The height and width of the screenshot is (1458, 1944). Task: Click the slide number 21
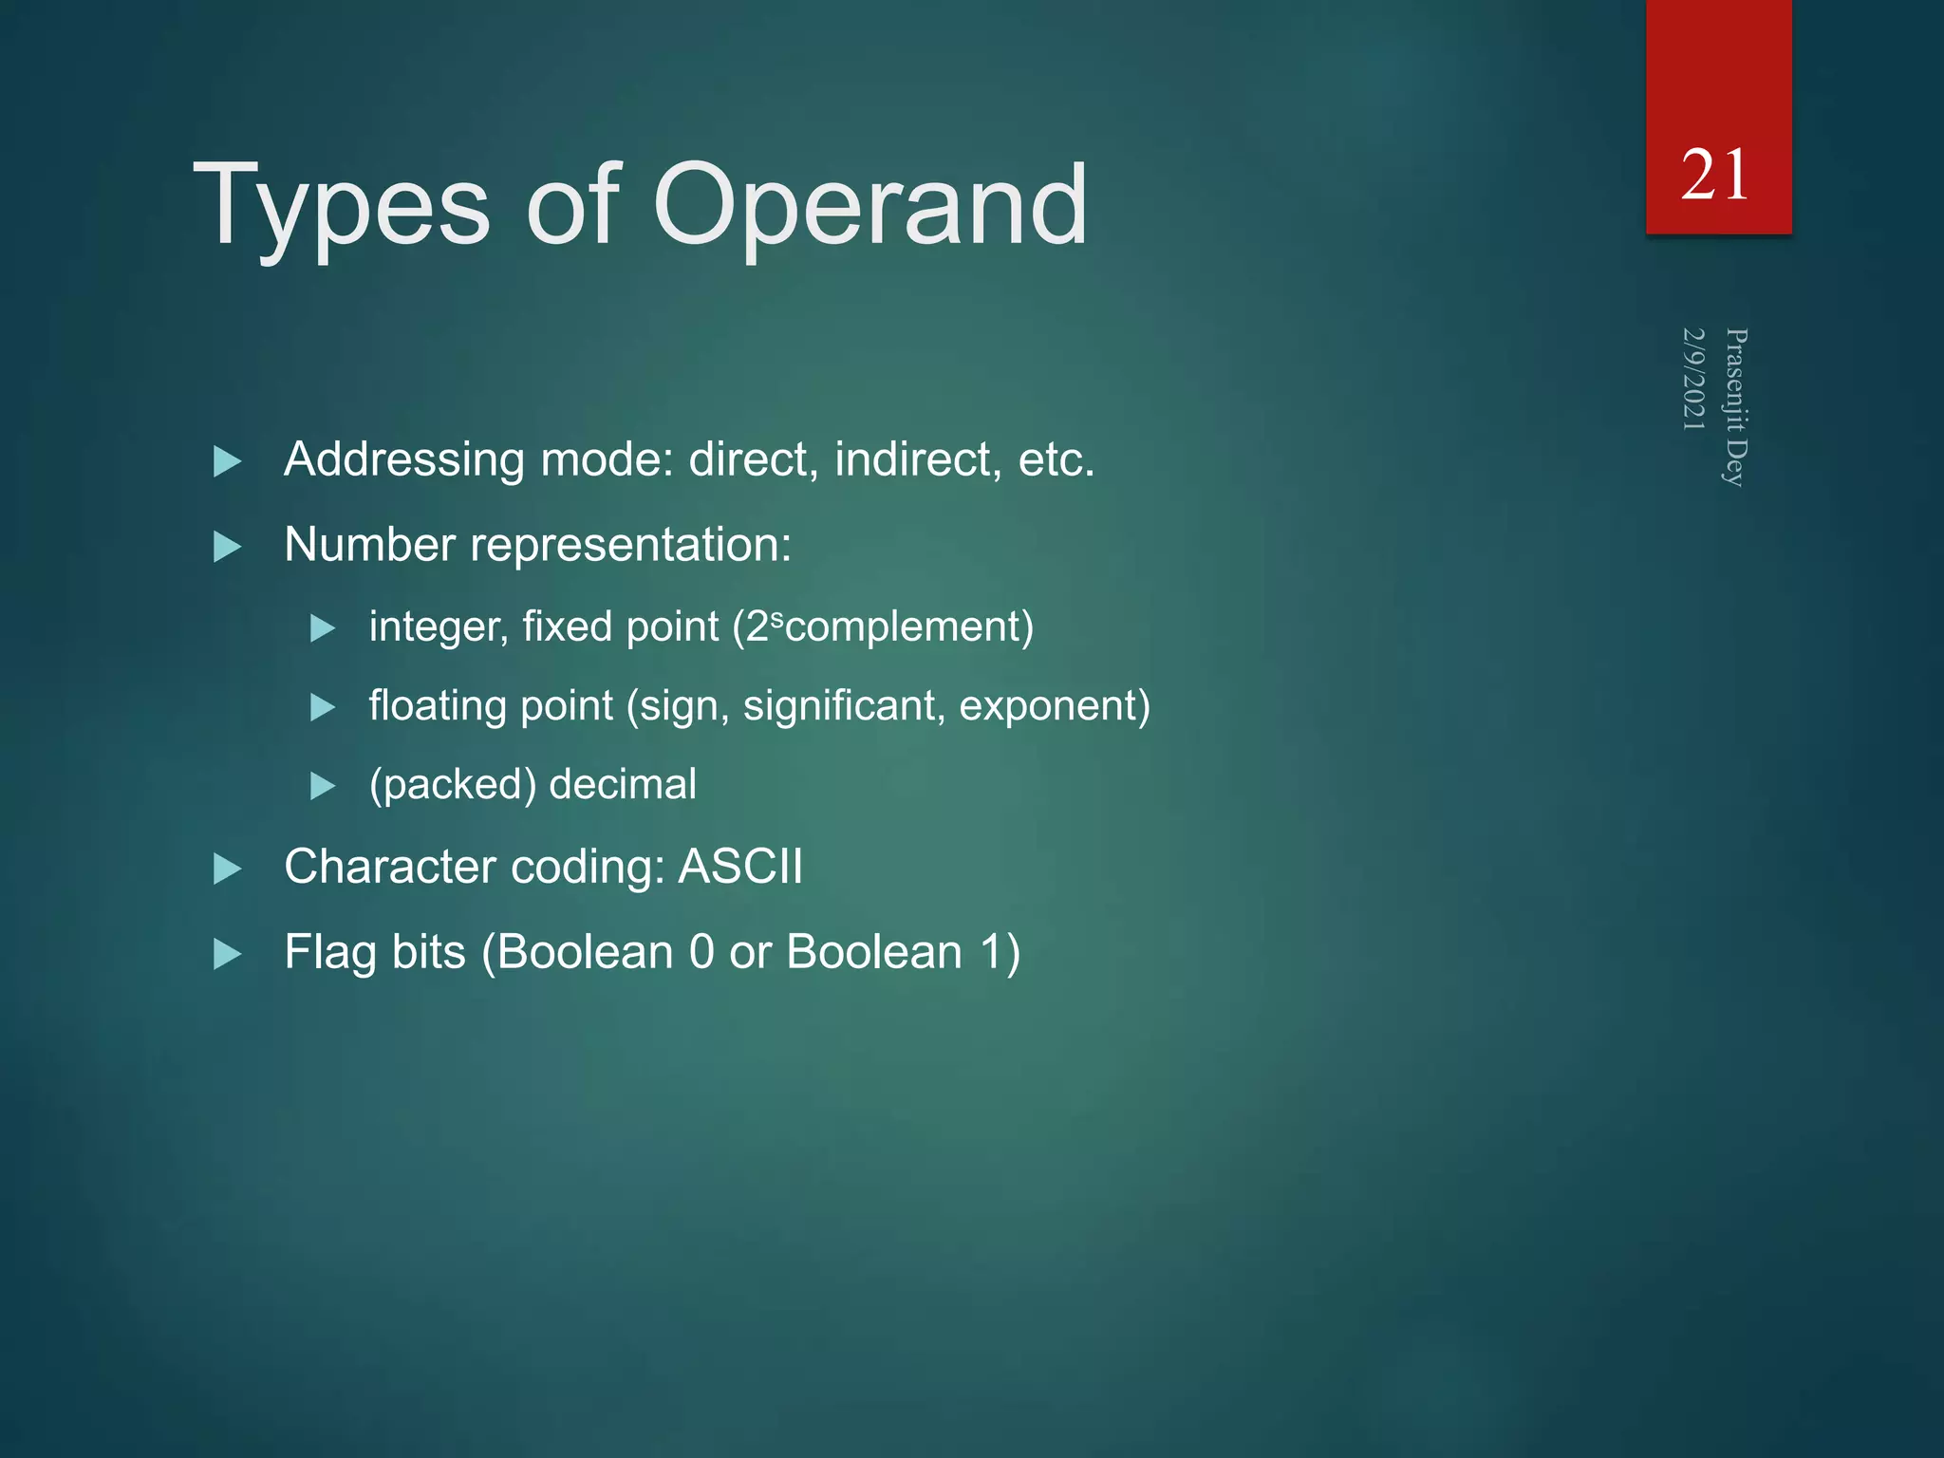1714,176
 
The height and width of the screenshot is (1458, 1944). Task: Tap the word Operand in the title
869,207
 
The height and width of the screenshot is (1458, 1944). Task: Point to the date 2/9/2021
1693,379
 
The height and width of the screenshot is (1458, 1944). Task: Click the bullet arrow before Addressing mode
228,462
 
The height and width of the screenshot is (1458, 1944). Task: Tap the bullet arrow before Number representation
228,547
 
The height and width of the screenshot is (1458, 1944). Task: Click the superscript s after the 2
777,619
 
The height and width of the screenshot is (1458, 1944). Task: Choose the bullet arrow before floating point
323,707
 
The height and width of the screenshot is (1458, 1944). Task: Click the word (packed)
453,785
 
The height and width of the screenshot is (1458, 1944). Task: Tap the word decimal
623,784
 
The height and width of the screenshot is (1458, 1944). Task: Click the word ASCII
740,867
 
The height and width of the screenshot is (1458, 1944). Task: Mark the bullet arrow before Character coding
228,869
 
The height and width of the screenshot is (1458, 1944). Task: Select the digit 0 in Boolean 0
701,952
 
